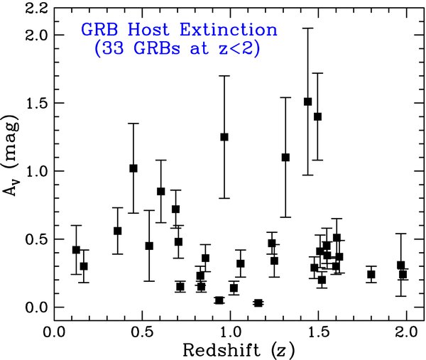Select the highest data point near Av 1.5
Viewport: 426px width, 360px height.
tap(307, 102)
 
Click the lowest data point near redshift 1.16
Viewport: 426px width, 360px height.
tap(258, 303)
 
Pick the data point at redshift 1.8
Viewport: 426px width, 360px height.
tap(371, 274)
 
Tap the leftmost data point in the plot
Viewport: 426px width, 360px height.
tap(76, 250)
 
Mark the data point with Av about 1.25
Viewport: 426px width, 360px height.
tap(224, 136)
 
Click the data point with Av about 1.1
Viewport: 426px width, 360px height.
tap(285, 157)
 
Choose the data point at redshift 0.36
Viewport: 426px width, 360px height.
tap(118, 231)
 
